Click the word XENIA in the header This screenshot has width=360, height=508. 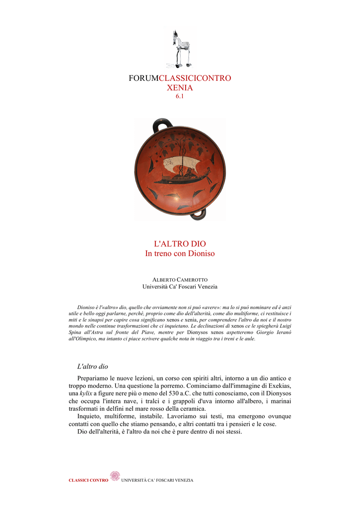(180, 88)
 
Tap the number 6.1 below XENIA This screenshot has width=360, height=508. (180, 96)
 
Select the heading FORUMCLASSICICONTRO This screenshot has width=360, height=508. (180, 78)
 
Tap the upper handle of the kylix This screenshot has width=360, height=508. (161, 126)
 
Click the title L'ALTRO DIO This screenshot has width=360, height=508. (180, 244)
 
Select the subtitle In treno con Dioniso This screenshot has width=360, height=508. (180, 254)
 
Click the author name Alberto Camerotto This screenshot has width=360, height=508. (180, 280)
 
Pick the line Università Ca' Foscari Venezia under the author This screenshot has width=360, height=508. (180, 287)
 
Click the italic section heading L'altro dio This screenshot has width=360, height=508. (92, 367)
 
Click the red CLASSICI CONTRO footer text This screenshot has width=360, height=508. (88, 480)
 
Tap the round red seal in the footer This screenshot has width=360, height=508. (115, 476)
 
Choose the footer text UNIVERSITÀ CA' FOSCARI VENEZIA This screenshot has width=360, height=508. (157, 480)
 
